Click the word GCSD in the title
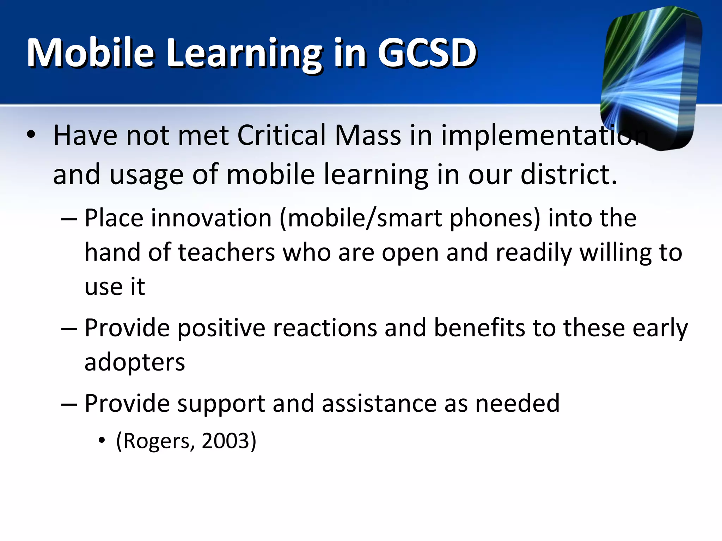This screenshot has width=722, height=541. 427,53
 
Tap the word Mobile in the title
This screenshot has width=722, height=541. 91,53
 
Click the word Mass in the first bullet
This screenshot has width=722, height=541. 368,135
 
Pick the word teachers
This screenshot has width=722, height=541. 227,253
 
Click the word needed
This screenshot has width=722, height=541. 517,403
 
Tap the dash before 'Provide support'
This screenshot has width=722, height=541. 69,404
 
